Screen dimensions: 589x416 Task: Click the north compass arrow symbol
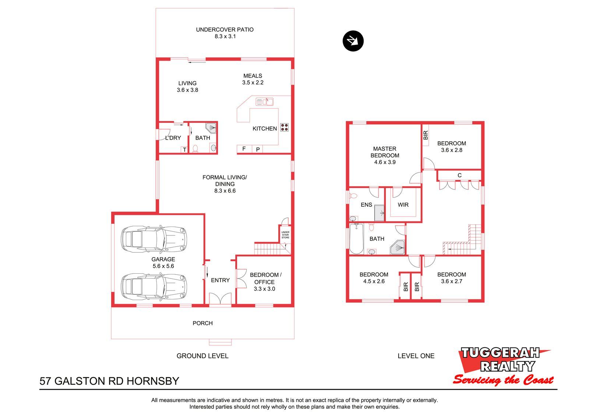click(x=353, y=41)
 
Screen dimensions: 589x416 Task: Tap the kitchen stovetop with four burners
click(x=285, y=127)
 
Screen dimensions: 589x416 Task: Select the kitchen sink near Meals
click(x=265, y=102)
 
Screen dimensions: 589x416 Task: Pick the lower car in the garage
click(x=154, y=287)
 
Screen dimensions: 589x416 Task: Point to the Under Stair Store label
click(x=285, y=235)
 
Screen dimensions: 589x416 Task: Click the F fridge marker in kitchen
click(x=244, y=149)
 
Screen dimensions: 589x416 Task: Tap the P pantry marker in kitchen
click(x=258, y=149)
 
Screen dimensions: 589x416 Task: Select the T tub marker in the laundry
click(x=184, y=150)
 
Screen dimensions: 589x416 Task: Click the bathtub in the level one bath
click(x=357, y=239)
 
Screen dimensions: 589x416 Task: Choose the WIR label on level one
click(x=403, y=205)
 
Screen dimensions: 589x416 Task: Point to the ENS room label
click(x=366, y=205)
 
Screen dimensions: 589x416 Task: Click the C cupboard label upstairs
click(x=460, y=175)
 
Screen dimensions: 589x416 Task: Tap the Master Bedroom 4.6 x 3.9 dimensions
click(x=385, y=162)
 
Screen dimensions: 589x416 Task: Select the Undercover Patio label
click(x=225, y=30)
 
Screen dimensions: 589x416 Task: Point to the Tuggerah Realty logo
click(x=503, y=366)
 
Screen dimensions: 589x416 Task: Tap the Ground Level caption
click(x=202, y=356)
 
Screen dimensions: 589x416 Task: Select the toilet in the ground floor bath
click(x=195, y=149)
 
